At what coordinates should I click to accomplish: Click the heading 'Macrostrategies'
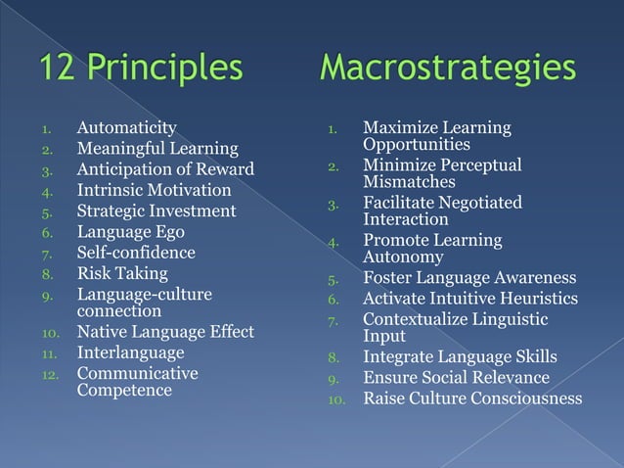pos(447,69)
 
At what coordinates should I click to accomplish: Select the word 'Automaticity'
pos(127,127)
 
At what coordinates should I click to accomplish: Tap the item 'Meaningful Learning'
pos(157,149)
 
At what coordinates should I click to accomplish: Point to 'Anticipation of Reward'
pos(165,169)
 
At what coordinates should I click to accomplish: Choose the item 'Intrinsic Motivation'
pos(155,190)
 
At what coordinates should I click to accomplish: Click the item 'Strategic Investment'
pos(156,211)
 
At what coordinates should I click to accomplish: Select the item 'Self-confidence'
pos(136,253)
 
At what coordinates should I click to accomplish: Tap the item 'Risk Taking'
pos(122,273)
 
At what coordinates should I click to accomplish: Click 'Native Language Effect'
pos(165,331)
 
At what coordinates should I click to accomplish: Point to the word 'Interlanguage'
pos(130,351)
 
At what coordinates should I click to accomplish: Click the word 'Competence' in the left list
pos(124,391)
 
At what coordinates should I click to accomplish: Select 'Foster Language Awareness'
pos(469,278)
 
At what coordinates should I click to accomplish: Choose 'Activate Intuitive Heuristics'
pos(470,299)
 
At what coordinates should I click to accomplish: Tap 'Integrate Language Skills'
pos(460,356)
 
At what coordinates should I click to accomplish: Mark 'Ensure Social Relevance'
pos(456,377)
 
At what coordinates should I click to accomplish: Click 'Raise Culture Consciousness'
pos(472,398)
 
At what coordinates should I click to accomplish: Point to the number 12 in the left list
pos(50,374)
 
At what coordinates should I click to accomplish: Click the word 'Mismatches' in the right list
pos(409,182)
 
